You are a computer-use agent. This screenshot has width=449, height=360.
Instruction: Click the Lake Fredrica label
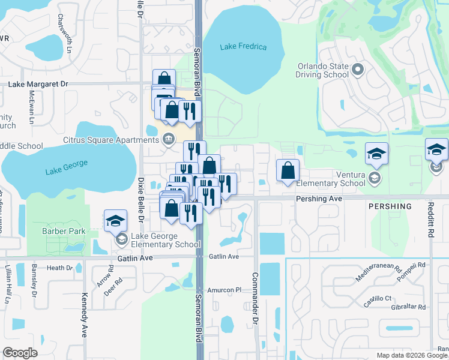click(243, 47)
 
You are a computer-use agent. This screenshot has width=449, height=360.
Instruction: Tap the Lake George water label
click(67, 167)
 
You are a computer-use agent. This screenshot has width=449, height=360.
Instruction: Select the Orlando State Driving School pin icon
click(358, 70)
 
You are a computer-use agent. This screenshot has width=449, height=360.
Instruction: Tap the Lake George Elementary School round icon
click(121, 240)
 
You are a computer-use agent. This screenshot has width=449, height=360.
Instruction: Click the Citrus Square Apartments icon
click(169, 140)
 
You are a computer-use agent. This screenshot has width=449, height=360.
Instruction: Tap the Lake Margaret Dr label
click(38, 85)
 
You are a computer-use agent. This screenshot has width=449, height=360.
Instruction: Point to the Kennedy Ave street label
click(85, 316)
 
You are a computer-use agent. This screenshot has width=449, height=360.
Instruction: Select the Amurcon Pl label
click(224, 290)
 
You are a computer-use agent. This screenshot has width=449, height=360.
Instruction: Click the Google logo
click(20, 353)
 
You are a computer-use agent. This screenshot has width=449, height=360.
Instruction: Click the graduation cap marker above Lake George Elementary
click(115, 221)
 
